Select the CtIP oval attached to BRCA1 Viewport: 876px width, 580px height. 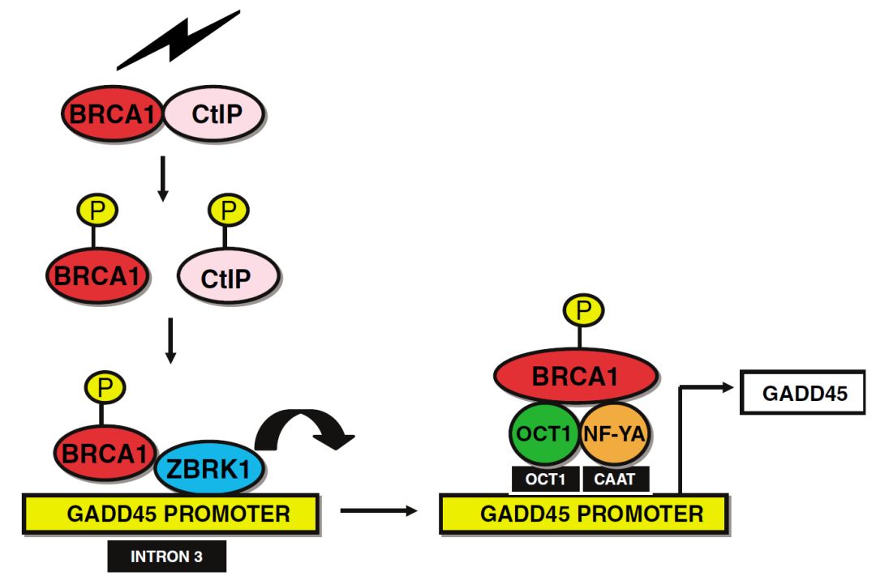[215, 114]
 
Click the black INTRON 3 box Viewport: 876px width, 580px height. [167, 557]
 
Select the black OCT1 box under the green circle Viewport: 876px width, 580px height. [546, 479]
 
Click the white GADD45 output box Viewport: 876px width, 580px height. [805, 394]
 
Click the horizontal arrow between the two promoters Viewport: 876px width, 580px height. [379, 510]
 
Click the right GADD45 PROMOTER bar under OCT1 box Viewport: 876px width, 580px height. [582, 514]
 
